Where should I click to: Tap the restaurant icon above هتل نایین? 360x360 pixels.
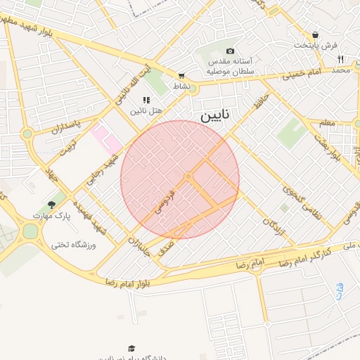pos(146,101)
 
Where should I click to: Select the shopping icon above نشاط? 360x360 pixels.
pos(181,76)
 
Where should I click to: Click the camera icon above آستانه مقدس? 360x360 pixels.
pos(230,51)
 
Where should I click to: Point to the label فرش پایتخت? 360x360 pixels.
pos(316,45)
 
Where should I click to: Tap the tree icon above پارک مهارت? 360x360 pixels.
pos(51,204)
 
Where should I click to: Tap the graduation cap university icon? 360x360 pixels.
pos(131,348)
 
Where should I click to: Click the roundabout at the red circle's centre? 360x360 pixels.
pos(188,176)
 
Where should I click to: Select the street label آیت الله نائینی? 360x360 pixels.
pos(133,88)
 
